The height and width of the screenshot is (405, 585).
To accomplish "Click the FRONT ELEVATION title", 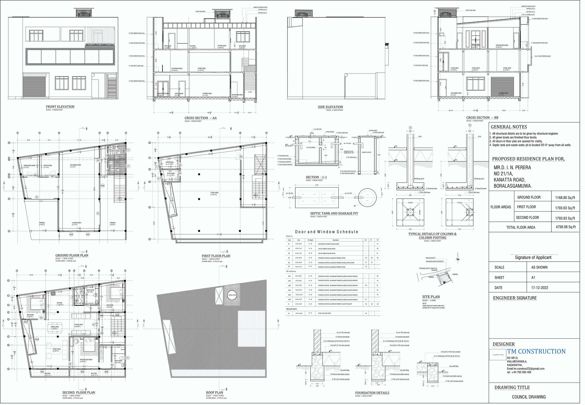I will coord(60,107).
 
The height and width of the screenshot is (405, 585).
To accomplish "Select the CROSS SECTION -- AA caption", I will coord(200,118).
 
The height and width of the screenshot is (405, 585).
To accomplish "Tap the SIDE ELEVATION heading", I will coord(330,107).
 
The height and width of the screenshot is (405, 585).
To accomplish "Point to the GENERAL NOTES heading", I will coord(509,127).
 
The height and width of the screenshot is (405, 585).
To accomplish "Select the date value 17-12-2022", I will coord(540,288).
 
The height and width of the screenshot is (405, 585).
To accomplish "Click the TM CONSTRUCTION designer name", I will coord(536,352).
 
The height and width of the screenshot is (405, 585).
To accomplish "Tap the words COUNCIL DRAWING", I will coord(529,397).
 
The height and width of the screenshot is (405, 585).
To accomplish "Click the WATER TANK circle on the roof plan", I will coord(232,295).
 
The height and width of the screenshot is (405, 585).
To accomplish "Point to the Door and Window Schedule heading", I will coord(327,232).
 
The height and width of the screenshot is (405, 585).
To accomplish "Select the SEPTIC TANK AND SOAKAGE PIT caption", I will coord(334,213).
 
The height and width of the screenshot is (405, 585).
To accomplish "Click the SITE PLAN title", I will coord(431,297).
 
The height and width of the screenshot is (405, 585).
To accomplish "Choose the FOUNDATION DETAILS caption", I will coord(372,393).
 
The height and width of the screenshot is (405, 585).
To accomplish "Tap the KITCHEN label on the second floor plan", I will coord(59,303).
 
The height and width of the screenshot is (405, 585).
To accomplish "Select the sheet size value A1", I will coord(533,278).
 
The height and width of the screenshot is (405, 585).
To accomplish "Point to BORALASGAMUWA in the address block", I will coord(512,186).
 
